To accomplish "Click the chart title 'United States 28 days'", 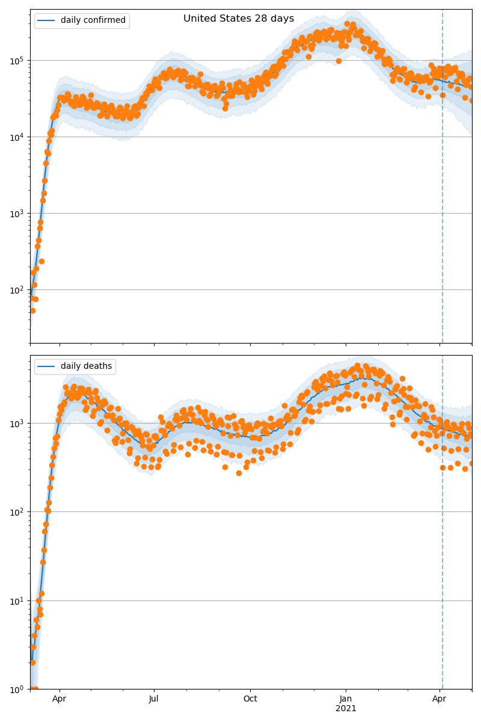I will coord(239,19).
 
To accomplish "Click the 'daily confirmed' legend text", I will coord(93,20).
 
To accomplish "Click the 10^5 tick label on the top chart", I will coord(16,60).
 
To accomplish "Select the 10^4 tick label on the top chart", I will coord(16,137).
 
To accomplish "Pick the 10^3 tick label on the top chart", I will coord(16,213).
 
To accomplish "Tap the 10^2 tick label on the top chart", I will coord(16,289).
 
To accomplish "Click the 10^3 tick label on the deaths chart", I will coord(16,423).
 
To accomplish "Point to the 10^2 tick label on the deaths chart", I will coord(16,511).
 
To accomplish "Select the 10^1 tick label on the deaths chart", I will coord(16,600).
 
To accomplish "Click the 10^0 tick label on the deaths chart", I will coord(16,689).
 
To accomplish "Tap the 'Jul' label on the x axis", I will coord(154,699).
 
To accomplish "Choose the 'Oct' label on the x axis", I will coord(250,699).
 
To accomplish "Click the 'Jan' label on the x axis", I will coord(346,699).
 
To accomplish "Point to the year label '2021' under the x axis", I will coord(346,709).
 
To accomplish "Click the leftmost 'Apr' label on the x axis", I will coord(59,699).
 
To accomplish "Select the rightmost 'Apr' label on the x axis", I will coord(440,699).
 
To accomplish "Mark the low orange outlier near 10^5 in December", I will coord(339,61).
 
